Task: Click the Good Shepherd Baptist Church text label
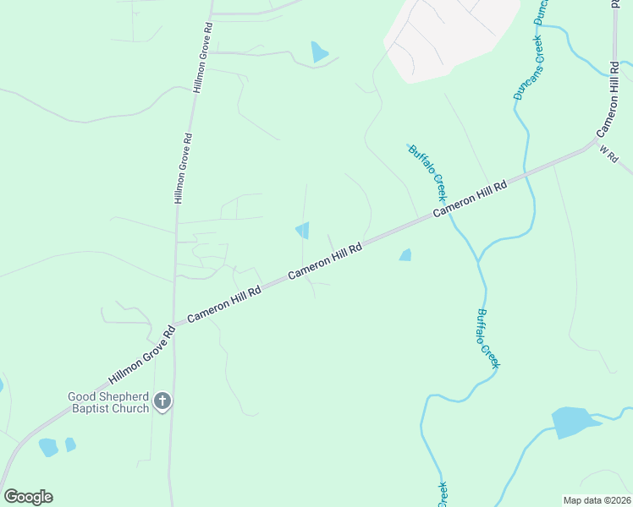click(109, 402)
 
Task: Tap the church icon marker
click(162, 402)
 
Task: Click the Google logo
click(28, 497)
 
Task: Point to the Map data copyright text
click(597, 500)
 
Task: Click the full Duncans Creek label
click(528, 68)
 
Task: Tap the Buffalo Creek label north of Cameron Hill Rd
click(427, 166)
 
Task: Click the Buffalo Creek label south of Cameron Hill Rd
click(488, 338)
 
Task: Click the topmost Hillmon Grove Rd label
click(204, 54)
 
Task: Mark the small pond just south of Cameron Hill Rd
click(405, 254)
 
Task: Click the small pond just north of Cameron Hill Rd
click(303, 230)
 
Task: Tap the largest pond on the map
click(574, 422)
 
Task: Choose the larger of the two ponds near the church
click(48, 447)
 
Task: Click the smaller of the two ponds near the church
click(70, 444)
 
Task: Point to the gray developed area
click(449, 34)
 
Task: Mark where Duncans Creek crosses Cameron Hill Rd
click(526, 172)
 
